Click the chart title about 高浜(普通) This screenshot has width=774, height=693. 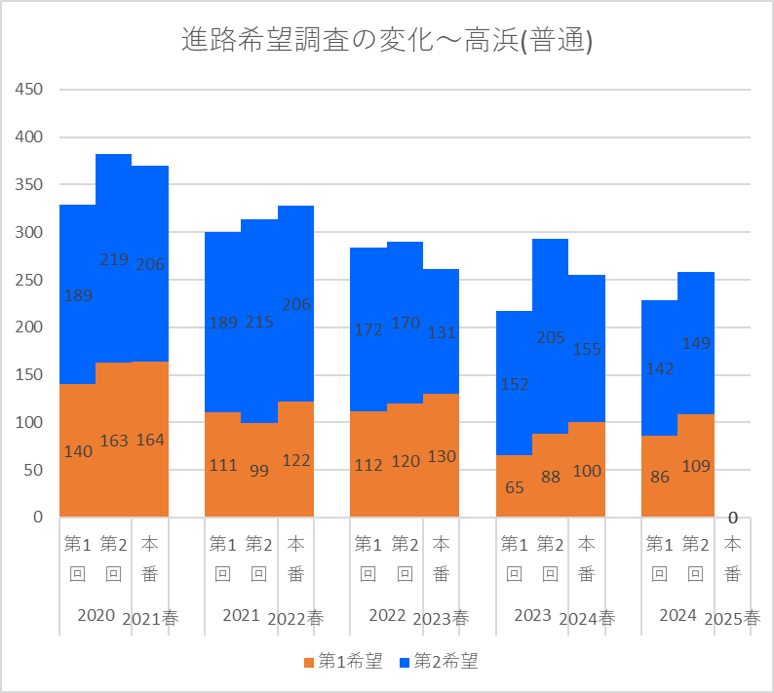387,41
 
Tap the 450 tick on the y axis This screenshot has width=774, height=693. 30,90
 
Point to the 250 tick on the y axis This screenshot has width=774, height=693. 30,280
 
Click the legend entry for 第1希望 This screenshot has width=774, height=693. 342,662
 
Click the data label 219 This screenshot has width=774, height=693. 114,260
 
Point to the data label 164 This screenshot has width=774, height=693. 150,440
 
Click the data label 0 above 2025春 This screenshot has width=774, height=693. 732,518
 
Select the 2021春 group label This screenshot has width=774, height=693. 150,618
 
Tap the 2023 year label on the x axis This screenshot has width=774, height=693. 533,615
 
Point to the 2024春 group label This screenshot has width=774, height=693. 587,618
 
